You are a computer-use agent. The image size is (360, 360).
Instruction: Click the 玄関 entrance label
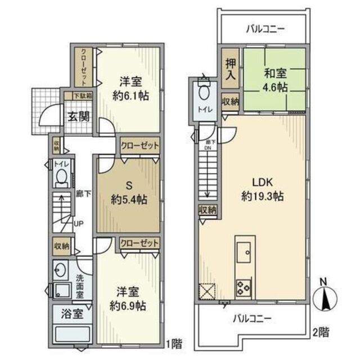tap(75, 117)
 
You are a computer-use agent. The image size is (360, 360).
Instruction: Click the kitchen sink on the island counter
tap(246, 253)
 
